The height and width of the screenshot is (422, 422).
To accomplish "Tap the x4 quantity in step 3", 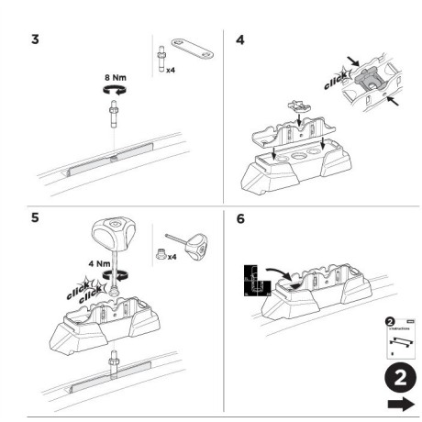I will (171, 70).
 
